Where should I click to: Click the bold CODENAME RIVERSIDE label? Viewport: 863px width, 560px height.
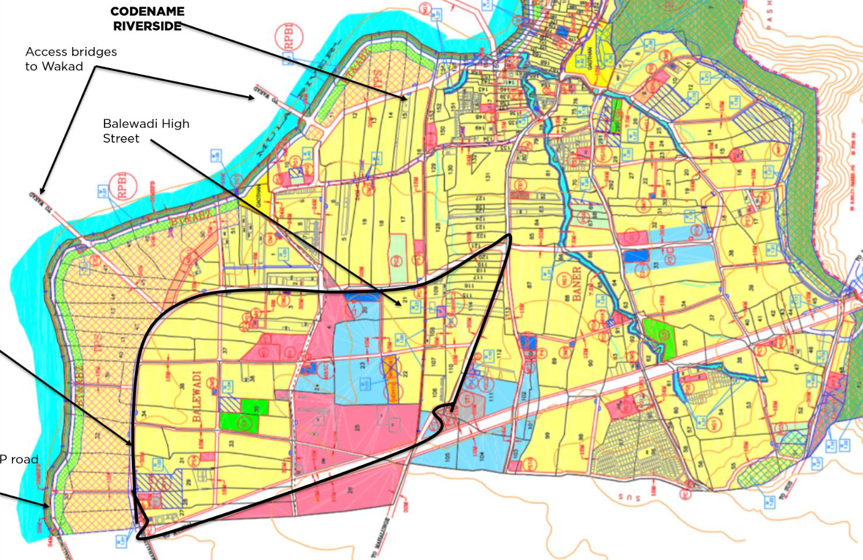point(147,19)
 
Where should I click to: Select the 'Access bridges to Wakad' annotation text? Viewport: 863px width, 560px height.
point(70,59)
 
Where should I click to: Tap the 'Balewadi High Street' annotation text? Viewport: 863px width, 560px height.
point(146,131)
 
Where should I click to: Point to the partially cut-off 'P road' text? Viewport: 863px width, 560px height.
point(19,459)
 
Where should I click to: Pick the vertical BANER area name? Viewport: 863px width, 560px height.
point(577,282)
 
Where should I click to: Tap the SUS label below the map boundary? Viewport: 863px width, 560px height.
point(629,497)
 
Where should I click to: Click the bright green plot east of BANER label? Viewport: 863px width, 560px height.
point(659,339)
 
